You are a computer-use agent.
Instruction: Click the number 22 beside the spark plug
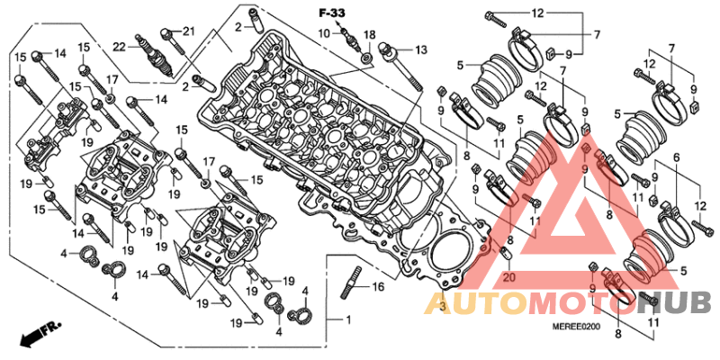click(121, 46)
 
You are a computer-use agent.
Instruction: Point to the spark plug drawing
click(155, 56)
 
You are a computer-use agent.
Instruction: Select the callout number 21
click(189, 31)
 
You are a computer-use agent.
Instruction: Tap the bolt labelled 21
click(173, 41)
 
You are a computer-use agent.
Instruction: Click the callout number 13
click(421, 49)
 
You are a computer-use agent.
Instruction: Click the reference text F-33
click(331, 13)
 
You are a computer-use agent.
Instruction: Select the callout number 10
click(325, 33)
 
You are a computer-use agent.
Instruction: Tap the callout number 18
click(370, 36)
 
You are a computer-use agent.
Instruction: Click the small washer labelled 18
click(367, 58)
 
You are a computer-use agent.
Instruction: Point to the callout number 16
click(377, 288)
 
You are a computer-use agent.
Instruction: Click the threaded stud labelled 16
click(350, 283)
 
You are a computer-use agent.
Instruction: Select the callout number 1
click(348, 319)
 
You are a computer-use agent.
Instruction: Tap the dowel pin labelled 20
click(506, 254)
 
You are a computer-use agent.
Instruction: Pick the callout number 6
click(677, 157)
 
